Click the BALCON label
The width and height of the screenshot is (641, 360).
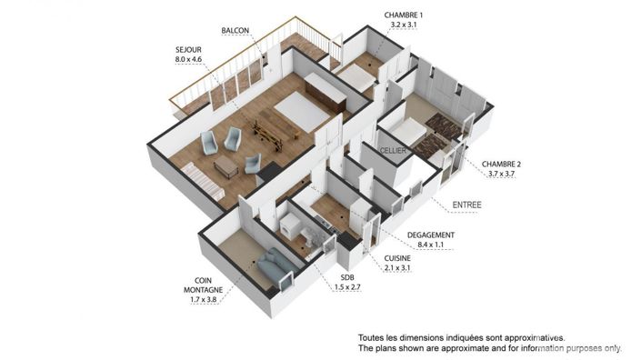coord(235,31)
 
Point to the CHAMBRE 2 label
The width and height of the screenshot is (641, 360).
coord(501,164)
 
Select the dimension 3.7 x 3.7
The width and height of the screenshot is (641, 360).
coord(501,174)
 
